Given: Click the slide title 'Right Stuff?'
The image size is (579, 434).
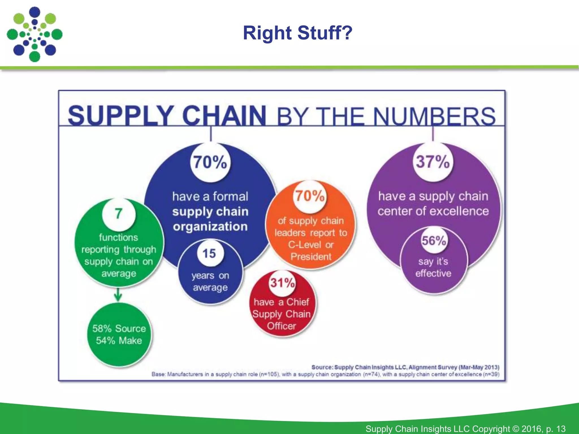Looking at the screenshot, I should (297, 33).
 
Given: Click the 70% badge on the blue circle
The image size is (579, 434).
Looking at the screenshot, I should (210, 162).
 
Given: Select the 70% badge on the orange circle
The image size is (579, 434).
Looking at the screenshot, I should (310, 196).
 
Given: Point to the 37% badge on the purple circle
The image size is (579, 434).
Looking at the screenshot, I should (433, 162).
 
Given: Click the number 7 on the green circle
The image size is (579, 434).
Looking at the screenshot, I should (119, 214).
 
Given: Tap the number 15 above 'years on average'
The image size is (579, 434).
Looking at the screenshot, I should (209, 253).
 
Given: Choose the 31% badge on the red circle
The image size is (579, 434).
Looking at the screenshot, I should (282, 283).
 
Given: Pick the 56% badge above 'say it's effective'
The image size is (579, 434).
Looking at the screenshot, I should (434, 241).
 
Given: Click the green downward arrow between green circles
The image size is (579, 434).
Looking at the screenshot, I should (118, 295).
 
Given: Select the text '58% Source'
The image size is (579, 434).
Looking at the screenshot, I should (119, 329).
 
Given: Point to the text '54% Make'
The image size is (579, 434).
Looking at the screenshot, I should (119, 340).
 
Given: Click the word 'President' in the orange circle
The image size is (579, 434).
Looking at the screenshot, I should (311, 257).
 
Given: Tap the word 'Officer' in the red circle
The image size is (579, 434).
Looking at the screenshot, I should (282, 326).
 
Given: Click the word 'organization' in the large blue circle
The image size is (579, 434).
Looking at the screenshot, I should (210, 227).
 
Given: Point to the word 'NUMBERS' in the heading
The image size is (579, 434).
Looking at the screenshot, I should (434, 116).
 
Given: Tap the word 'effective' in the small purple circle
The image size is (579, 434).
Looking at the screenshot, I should (433, 273).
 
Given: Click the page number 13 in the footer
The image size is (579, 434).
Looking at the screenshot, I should (561, 429).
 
